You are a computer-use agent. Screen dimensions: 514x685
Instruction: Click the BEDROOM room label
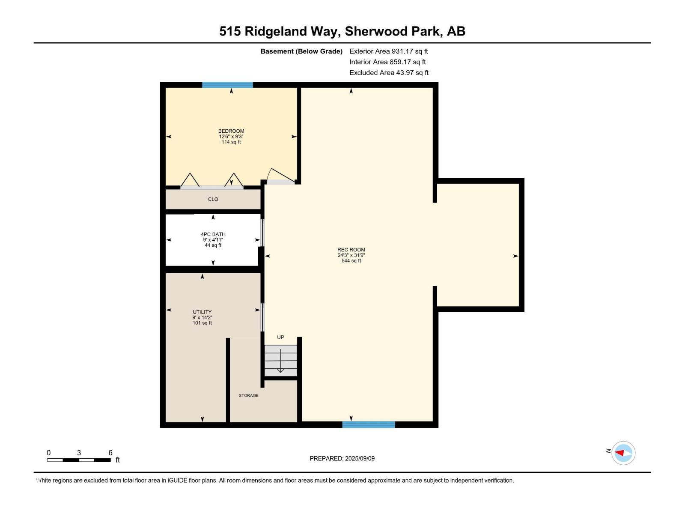click(231, 131)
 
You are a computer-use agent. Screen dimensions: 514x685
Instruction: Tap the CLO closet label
click(213, 199)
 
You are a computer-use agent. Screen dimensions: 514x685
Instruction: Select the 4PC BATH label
click(213, 234)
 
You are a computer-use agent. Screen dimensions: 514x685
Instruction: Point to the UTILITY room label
click(202, 312)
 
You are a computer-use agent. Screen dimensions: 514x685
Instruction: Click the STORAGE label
click(248, 395)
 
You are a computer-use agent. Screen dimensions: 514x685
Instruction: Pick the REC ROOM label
click(351, 250)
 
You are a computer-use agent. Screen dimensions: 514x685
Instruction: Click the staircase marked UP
click(280, 361)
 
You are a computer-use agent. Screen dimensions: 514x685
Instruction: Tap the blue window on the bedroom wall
click(227, 85)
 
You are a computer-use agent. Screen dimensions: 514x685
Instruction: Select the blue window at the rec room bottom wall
click(368, 424)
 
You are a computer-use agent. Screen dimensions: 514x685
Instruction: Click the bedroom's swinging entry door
click(280, 176)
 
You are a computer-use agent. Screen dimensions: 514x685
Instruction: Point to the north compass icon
click(623, 453)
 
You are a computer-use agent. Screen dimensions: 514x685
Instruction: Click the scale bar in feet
click(79, 460)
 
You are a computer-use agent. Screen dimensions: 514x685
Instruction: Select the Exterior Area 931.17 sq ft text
click(388, 51)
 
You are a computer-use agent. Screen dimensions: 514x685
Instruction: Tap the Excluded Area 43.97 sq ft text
click(389, 73)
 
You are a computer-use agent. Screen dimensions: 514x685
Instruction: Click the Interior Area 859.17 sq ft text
click(387, 62)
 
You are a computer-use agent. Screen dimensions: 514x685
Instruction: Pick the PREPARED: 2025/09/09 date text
click(342, 458)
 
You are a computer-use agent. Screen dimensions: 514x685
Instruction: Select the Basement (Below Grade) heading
click(301, 51)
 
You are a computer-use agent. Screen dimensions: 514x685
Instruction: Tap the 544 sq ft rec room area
click(351, 261)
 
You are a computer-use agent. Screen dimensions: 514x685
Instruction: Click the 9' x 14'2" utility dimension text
click(202, 317)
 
